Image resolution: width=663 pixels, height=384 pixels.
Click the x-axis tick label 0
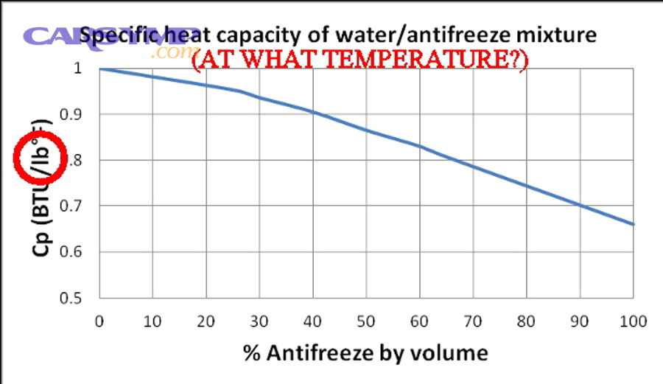tap(99, 321)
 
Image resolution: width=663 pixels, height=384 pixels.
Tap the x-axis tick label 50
tap(366, 321)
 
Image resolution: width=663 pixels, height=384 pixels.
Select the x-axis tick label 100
tap(633, 321)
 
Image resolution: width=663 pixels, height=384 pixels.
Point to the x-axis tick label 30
tap(259, 321)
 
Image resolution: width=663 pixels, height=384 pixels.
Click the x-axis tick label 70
tap(473, 321)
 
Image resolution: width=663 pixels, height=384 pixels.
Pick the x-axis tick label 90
tap(580, 321)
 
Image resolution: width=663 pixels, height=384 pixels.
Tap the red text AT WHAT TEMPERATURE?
tap(359, 60)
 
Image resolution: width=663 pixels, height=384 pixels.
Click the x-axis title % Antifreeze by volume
tap(365, 353)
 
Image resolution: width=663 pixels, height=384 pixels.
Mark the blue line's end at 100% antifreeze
tap(634, 224)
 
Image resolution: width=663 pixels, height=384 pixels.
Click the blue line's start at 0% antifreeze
tap(99, 69)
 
